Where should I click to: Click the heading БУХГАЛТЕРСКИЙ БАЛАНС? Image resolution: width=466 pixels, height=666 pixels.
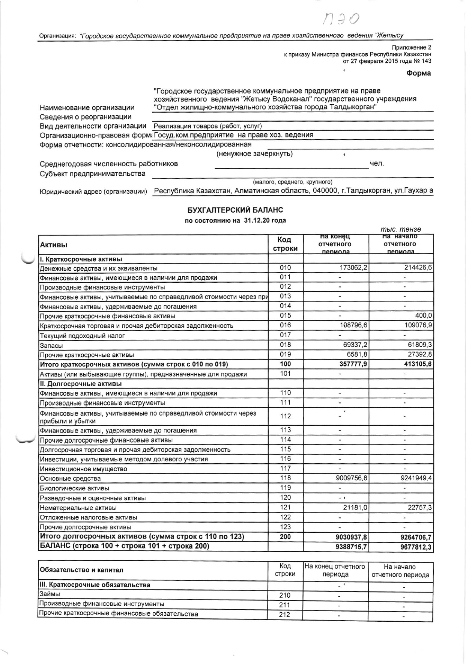(235, 210)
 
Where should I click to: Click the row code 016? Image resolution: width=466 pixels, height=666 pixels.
(285, 325)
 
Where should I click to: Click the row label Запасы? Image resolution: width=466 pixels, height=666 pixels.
(51, 345)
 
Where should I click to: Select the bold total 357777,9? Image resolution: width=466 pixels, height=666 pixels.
(352, 364)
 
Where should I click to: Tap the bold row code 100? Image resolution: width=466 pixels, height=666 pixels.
(285, 364)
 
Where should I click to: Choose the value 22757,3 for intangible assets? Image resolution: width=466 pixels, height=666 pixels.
(420, 508)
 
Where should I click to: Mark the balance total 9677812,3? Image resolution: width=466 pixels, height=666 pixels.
(416, 547)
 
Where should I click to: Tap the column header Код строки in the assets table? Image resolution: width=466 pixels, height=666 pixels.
(285, 244)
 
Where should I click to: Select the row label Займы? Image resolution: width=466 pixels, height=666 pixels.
(50, 594)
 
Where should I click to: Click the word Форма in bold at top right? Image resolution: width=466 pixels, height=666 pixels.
(418, 73)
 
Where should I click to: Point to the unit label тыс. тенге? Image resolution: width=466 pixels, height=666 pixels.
(401, 229)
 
